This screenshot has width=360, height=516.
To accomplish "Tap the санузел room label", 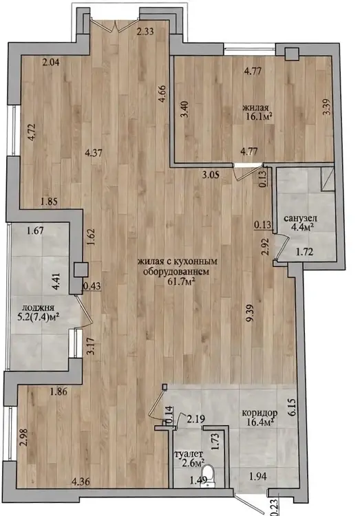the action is [x=300, y=218].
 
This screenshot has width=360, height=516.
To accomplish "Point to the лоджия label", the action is [x=37, y=308].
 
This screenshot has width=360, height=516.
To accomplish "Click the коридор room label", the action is [x=260, y=413].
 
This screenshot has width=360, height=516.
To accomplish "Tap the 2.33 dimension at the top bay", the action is [x=145, y=32].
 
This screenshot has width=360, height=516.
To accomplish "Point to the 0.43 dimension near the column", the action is [x=92, y=287].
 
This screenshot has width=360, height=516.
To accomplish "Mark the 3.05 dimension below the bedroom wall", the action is [x=211, y=175].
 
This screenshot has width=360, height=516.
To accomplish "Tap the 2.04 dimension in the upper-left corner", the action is [x=51, y=61].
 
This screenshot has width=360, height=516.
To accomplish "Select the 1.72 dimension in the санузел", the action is [x=304, y=252].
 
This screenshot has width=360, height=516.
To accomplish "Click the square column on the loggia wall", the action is [x=81, y=270].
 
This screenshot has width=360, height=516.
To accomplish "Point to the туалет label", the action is [x=187, y=454].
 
